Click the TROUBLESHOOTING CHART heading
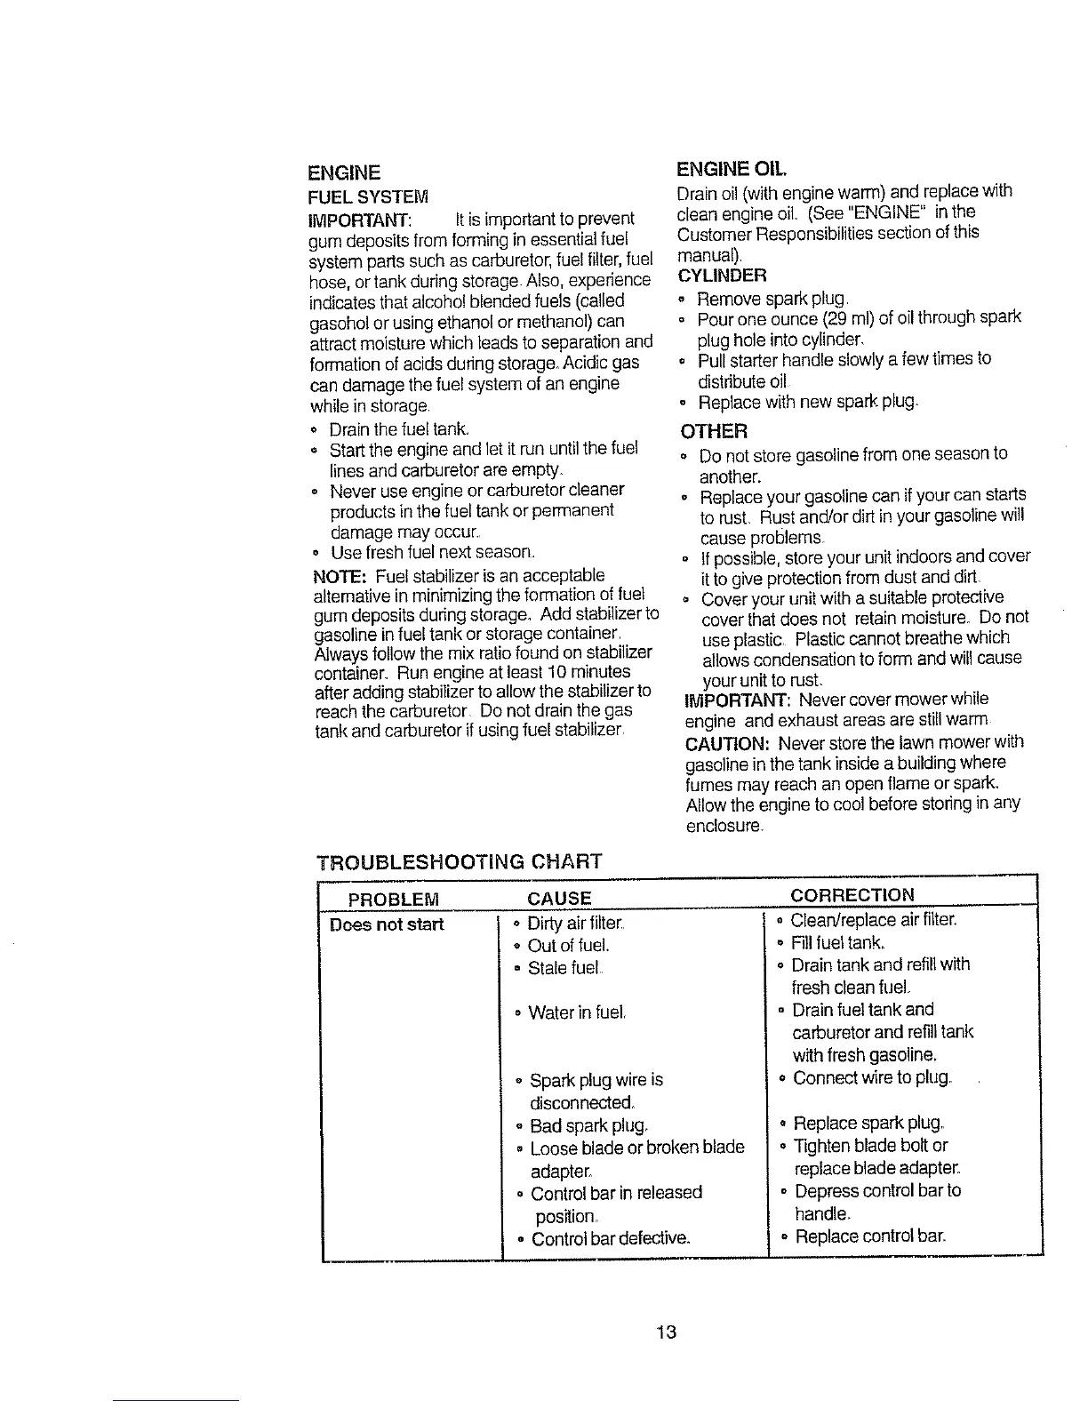click(x=460, y=861)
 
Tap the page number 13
click(x=667, y=1332)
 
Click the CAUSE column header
click(x=559, y=898)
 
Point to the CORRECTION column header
click(x=852, y=894)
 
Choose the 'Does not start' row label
click(x=386, y=924)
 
